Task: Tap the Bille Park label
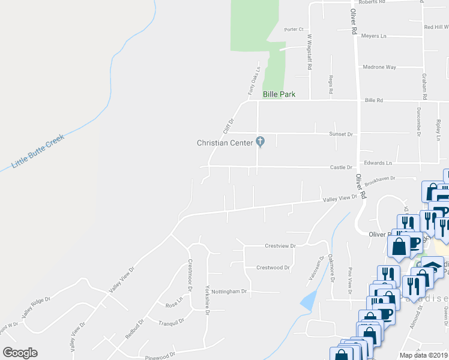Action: pyautogui.click(x=279, y=94)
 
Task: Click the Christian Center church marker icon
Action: pyautogui.click(x=260, y=142)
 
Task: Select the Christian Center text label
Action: pyautogui.click(x=224, y=143)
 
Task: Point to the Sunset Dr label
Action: pyautogui.click(x=341, y=134)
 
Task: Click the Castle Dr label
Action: pyautogui.click(x=341, y=167)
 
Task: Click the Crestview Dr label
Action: pyautogui.click(x=280, y=246)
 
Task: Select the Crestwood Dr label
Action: pyautogui.click(x=273, y=268)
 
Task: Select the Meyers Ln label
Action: pyautogui.click(x=374, y=36)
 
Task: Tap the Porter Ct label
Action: pyautogui.click(x=294, y=29)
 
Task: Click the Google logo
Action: pyautogui.click(x=20, y=353)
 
